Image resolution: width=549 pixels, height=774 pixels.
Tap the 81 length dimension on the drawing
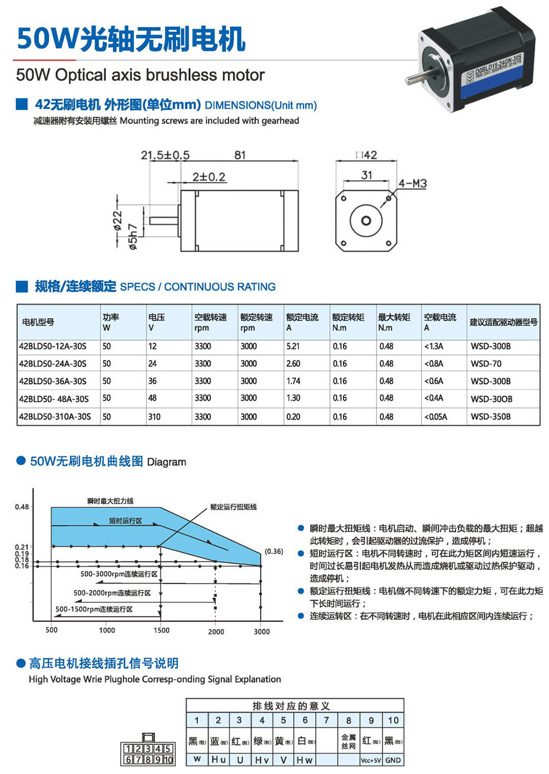240,155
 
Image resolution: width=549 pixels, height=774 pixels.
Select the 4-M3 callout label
412,183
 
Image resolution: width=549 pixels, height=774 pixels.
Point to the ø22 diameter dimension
117,221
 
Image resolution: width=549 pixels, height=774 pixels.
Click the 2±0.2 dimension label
209,177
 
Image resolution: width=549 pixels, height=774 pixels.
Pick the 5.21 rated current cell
293,346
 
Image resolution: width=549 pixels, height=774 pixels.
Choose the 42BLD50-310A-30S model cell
55,416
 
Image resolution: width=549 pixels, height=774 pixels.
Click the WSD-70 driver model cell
486,364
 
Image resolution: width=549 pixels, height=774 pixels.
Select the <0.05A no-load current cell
435,416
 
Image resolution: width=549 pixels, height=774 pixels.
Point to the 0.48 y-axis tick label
22,506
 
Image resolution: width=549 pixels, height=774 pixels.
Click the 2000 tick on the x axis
216,631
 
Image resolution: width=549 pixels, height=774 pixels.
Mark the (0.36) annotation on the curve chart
274,551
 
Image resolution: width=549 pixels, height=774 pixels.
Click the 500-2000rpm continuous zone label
112,593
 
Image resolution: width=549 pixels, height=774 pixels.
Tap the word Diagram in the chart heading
166,462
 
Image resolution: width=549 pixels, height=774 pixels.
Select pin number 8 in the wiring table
349,720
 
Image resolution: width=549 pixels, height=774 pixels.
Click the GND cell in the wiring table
393,760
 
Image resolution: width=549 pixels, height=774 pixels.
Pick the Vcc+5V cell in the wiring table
371,760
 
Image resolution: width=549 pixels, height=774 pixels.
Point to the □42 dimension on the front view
366,155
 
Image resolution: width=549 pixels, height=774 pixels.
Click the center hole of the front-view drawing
366,221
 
